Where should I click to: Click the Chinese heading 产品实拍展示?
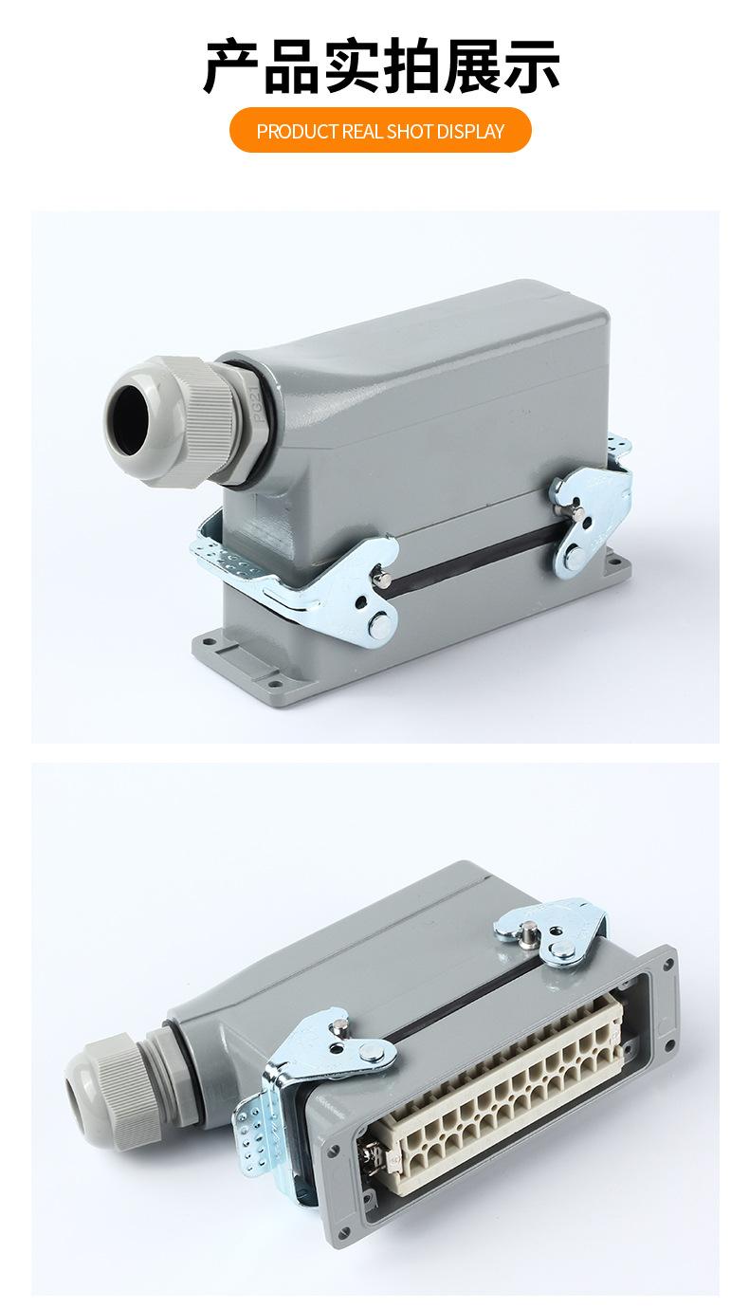pos(381,65)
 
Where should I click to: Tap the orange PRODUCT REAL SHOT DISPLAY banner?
pos(380,130)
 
